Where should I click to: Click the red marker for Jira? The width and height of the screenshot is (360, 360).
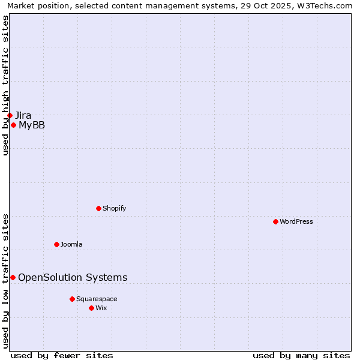coord(10,115)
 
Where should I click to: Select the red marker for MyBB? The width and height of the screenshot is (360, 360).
coord(13,125)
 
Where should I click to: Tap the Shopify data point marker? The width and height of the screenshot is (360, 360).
coord(98,208)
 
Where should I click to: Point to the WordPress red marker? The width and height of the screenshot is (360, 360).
coord(275,221)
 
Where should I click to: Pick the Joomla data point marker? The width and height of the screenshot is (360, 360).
coord(56,244)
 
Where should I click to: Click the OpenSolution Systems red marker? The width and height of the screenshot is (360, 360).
coord(13,277)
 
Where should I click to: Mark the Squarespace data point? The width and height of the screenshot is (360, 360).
coord(72,299)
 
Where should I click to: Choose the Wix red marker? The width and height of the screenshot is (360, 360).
coord(91,308)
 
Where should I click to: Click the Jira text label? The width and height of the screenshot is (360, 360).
coord(23,115)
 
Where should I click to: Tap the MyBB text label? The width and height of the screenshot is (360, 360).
coord(32,125)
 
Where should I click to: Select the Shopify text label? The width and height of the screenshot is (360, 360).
coord(114,208)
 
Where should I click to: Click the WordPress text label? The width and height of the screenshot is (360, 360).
coord(296,221)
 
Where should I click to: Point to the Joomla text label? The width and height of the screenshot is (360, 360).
coord(71,244)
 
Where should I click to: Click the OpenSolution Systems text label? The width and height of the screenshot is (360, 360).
coord(73,277)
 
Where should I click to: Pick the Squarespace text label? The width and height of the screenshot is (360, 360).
coord(97,299)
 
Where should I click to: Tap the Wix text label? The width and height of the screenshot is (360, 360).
coord(101,308)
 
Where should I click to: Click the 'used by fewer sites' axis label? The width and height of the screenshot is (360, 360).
coord(62,355)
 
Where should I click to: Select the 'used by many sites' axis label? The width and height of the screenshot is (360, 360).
coord(301,355)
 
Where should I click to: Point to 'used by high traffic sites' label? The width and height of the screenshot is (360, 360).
coord(6,85)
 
